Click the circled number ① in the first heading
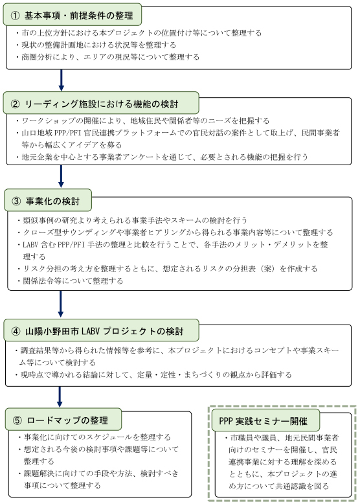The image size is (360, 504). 16,15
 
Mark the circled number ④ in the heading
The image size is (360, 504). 16,331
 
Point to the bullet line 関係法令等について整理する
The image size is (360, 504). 71,281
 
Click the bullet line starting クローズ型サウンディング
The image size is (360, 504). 175,232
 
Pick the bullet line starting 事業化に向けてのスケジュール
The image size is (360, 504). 97,437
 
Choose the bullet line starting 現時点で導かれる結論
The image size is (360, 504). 155,374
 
